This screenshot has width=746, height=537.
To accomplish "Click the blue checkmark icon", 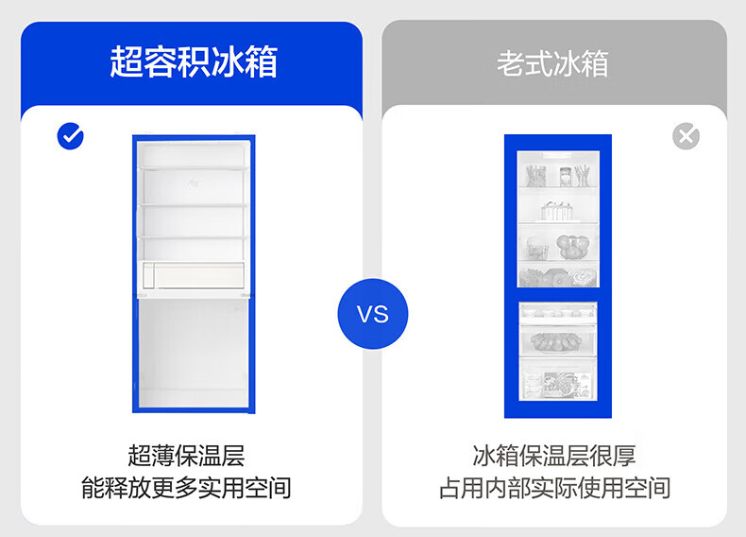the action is [71, 136].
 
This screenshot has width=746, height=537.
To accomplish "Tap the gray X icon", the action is [687, 136].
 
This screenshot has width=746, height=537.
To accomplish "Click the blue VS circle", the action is [373, 314].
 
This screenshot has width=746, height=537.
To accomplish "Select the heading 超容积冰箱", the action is [194, 62].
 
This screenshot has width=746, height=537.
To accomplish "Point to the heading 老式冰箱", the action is [552, 63].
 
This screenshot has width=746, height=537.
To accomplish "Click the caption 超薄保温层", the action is [186, 456].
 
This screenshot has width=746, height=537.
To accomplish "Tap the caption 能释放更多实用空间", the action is [186, 488].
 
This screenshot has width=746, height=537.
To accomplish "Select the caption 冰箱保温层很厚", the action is [554, 456].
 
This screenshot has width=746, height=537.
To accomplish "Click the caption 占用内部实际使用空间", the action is [554, 488].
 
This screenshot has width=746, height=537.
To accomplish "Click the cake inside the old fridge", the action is [556, 211].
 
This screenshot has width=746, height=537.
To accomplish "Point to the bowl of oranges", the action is [573, 247].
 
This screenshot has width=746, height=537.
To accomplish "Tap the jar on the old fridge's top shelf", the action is [566, 176].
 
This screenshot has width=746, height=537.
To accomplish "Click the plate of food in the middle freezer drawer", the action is [555, 341].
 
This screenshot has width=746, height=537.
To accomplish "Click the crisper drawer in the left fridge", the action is [194, 275].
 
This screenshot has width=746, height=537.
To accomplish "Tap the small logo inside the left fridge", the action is [194, 183].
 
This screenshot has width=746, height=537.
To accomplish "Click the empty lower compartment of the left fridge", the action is [194, 352].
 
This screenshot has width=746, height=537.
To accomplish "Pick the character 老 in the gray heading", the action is [511, 63].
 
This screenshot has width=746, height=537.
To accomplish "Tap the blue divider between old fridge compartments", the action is [557, 294].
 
